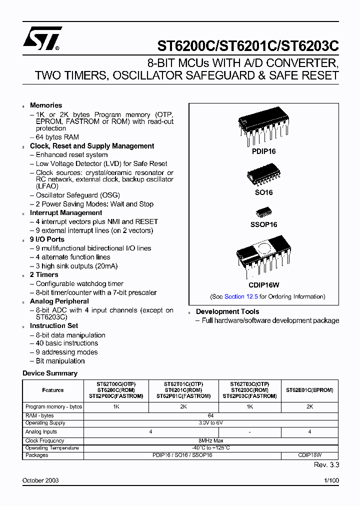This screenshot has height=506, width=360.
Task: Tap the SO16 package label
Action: click(263, 192)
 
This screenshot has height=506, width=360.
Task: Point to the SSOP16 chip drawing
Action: click(263, 212)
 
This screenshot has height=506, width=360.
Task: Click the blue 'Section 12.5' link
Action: click(241, 296)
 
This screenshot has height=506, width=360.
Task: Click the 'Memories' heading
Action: click(46, 105)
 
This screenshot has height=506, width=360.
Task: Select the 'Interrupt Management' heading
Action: click(66, 212)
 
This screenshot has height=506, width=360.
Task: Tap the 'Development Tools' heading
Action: click(227, 311)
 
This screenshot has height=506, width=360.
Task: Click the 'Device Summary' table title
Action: click(50, 373)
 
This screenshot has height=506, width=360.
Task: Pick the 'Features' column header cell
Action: click(53, 390)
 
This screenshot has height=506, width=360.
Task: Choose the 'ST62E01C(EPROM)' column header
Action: click(309, 390)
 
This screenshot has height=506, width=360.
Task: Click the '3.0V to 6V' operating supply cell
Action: click(210, 423)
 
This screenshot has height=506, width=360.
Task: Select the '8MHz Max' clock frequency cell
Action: click(210, 440)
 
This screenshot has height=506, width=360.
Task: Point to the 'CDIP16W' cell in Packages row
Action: click(309, 455)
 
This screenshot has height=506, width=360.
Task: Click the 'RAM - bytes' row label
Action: click(39, 415)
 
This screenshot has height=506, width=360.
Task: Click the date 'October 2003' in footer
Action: click(40, 480)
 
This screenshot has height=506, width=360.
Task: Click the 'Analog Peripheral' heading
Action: click(59, 301)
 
